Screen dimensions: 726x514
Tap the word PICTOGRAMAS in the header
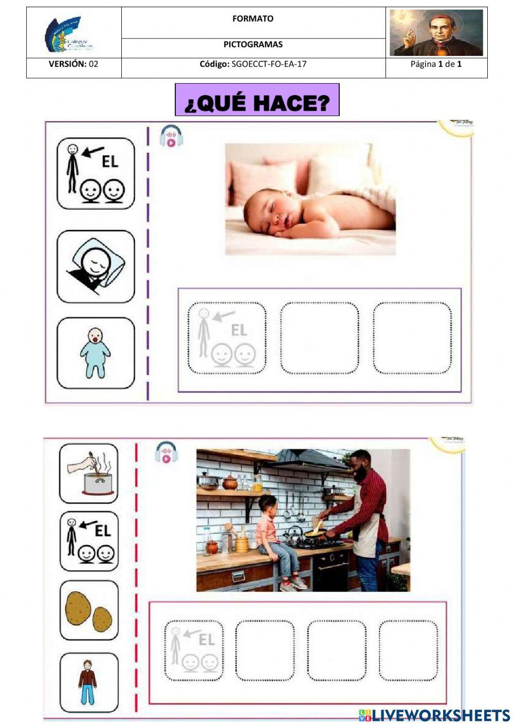pyautogui.click(x=253, y=45)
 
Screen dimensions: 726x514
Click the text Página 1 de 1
pyautogui.click(x=436, y=64)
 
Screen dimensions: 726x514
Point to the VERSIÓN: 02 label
pyautogui.click(x=74, y=64)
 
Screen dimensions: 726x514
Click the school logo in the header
pyautogui.click(x=69, y=34)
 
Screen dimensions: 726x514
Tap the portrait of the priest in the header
pyautogui.click(x=436, y=32)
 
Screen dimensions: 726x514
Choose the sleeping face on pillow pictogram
pyautogui.click(x=96, y=267)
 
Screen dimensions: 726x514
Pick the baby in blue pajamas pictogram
pyautogui.click(x=95, y=352)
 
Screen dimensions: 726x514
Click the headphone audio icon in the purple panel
pyautogui.click(x=171, y=137)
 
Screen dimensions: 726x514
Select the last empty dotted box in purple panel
pyautogui.click(x=412, y=338)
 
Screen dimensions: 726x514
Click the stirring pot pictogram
pyautogui.click(x=88, y=473)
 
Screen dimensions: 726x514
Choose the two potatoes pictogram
pyautogui.click(x=88, y=610)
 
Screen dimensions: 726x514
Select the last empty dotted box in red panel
pyautogui.click(x=408, y=650)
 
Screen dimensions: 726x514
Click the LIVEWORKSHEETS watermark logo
pyautogui.click(x=434, y=715)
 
